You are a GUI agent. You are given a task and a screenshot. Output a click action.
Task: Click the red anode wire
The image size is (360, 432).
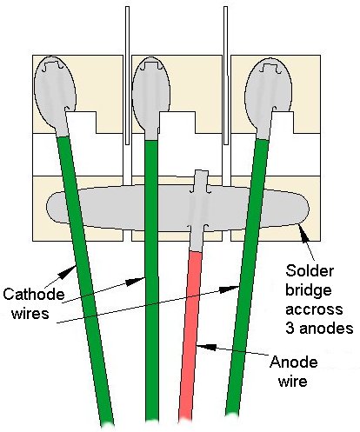click(190, 336)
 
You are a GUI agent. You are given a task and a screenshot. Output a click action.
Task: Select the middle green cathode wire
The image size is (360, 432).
click(151, 280)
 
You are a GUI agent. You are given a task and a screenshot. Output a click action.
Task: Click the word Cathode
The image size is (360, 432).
click(34, 295)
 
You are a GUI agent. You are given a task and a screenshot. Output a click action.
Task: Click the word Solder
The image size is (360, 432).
click(310, 271)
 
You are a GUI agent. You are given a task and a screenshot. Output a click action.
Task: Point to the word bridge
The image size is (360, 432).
click(309, 290)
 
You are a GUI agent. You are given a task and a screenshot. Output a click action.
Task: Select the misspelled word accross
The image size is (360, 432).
click(314, 309)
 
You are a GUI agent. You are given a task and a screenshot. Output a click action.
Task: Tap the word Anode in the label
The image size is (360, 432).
click(293, 362)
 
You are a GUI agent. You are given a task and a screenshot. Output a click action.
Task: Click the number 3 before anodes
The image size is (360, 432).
click(290, 329)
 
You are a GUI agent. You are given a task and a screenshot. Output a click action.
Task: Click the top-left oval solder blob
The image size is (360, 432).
click(55, 94)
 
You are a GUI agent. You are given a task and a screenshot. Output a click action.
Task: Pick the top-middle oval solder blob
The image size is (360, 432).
click(150, 96)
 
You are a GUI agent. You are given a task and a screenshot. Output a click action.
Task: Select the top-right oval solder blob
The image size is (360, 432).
click(268, 96)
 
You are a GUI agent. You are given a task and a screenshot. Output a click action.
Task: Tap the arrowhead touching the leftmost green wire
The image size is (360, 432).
click(69, 272)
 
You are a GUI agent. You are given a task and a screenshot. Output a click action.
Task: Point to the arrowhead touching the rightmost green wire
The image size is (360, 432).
click(230, 289)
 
